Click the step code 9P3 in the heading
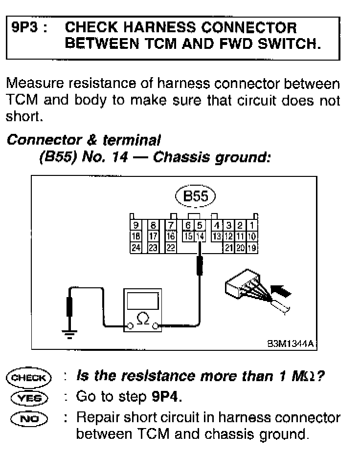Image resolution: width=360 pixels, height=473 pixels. coord(25,27)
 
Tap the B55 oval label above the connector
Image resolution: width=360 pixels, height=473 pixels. coord(195,196)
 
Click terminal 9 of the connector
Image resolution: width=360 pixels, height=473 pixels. coord(136,225)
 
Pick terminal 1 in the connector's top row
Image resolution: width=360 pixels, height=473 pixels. coord(252,225)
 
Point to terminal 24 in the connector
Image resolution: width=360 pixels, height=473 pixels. coord(136,248)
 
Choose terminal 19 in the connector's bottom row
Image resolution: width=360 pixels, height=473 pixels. coord(252,248)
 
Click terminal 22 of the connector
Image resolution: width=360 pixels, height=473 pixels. coord(170,248)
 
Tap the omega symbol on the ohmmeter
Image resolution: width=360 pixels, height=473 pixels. coord(143,318)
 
